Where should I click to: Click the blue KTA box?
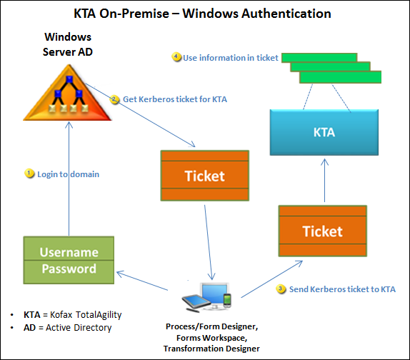coord(324,132)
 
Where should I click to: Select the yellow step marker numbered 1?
coord(29,174)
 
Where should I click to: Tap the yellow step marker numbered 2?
coord(114,99)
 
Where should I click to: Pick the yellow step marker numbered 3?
coord(281,289)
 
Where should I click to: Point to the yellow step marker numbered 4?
coord(176,56)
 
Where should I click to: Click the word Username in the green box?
coord(69,252)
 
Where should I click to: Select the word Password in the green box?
coord(69,269)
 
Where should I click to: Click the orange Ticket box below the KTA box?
coord(323,231)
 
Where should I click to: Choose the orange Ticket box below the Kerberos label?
coord(205,176)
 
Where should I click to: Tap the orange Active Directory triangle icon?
coord(68,93)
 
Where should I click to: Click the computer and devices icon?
coord(206,297)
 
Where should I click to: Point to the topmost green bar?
coord(319,58)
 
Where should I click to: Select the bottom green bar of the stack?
coord(340,77)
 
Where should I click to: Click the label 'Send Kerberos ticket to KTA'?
coord(342,289)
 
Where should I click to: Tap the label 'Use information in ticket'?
coord(231,58)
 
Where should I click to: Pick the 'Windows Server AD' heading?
coord(68,44)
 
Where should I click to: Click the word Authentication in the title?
coord(286,14)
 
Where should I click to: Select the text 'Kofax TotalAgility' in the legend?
coord(86,314)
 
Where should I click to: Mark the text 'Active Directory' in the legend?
coord(79,328)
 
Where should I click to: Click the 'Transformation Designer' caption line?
coord(211,349)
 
